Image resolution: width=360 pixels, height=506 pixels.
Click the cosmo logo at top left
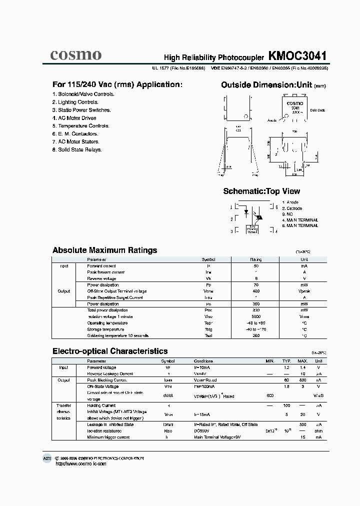click(x=75, y=54)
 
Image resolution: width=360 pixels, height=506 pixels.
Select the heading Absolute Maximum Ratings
click(x=104, y=250)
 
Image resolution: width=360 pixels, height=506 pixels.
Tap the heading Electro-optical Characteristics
click(x=110, y=351)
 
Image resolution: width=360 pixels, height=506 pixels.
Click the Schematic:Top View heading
click(x=261, y=191)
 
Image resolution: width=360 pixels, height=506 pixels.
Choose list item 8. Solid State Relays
click(x=77, y=149)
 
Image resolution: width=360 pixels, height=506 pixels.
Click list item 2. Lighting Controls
click(x=75, y=102)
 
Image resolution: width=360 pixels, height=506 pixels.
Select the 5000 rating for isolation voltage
click(x=255, y=316)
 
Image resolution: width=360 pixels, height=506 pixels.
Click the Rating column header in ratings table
click(x=255, y=260)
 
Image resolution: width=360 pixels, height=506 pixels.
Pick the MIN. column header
click(x=270, y=361)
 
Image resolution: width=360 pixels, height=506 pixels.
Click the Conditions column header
click(x=203, y=361)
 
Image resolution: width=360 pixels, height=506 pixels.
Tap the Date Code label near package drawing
click(x=317, y=110)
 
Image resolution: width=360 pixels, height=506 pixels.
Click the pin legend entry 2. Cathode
click(x=292, y=208)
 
